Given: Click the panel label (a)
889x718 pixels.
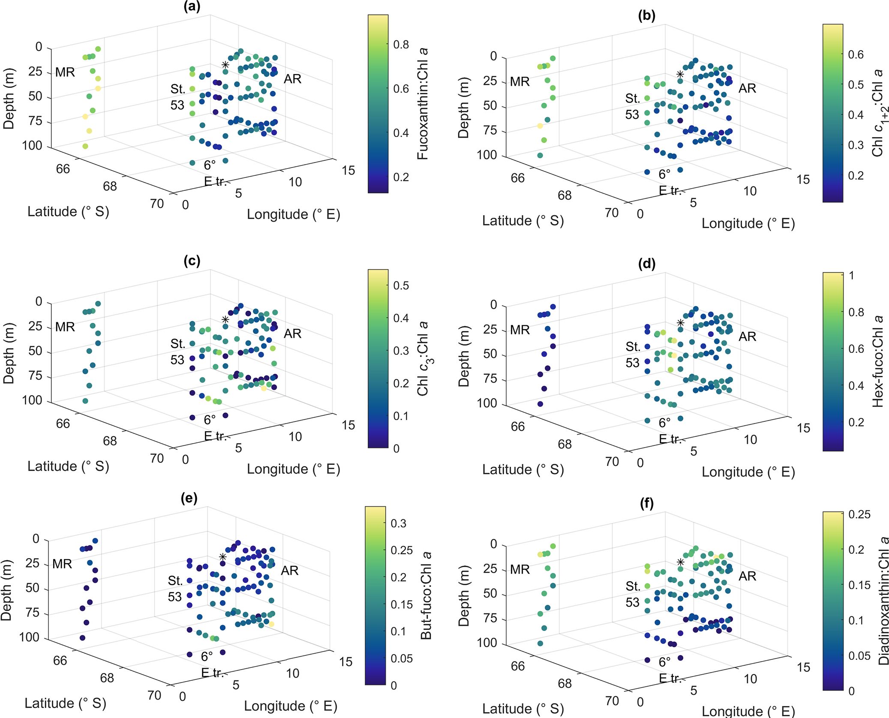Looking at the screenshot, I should pyautogui.click(x=192, y=7).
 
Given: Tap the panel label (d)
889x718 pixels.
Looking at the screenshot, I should pyautogui.click(x=646, y=264).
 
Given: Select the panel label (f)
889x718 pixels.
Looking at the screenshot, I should pyautogui.click(x=646, y=503).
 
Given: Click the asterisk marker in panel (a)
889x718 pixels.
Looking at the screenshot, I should pyautogui.click(x=225, y=65).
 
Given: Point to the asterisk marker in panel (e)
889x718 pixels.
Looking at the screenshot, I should pyautogui.click(x=222, y=557).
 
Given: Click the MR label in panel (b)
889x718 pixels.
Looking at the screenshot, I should pyautogui.click(x=520, y=81).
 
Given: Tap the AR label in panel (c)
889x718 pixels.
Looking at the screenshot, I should pyautogui.click(x=292, y=333).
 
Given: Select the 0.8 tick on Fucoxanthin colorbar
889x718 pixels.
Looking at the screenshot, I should pyautogui.click(x=401, y=45).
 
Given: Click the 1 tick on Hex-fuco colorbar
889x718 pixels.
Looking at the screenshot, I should pyautogui.click(x=851, y=276).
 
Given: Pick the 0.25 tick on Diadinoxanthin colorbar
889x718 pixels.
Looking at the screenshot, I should pyautogui.click(x=859, y=514).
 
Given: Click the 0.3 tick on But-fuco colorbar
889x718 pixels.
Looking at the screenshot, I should pyautogui.click(x=398, y=523).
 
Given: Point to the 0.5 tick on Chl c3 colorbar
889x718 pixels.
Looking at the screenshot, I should pyautogui.click(x=401, y=285).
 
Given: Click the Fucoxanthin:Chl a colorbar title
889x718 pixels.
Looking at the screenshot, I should pyautogui.click(x=423, y=104).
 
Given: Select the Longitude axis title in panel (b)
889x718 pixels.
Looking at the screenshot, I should pyautogui.click(x=748, y=223).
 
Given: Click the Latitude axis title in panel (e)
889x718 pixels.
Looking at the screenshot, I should pyautogui.click(x=65, y=703).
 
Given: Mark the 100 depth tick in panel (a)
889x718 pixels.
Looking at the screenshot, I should pyautogui.click(x=32, y=146).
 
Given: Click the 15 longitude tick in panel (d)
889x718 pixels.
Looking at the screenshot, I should pyautogui.click(x=803, y=428).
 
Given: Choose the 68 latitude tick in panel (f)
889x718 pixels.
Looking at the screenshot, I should pyautogui.click(x=565, y=683).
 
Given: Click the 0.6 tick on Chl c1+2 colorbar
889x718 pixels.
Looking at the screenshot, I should pyautogui.click(x=856, y=55).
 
